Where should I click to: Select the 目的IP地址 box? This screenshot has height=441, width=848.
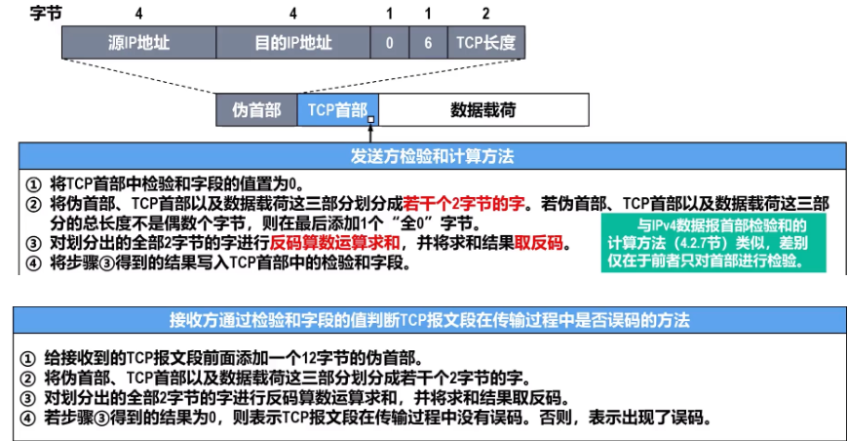point(292,44)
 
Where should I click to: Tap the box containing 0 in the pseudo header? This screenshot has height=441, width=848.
point(389,44)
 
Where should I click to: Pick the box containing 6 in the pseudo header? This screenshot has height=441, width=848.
point(427,44)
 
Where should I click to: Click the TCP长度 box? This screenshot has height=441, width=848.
point(485,44)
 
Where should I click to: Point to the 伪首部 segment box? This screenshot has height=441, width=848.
point(256,110)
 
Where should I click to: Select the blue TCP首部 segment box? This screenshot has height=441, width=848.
point(337,110)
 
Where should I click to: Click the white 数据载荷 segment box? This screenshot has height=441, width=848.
point(482,110)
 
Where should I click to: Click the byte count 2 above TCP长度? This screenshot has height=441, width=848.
point(485,15)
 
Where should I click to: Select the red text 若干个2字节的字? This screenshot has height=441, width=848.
point(464,204)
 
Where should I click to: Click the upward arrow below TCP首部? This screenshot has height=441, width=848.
point(371,132)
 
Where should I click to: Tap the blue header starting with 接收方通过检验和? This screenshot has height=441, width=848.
point(429,320)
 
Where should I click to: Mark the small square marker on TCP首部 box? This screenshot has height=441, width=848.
point(371,121)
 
